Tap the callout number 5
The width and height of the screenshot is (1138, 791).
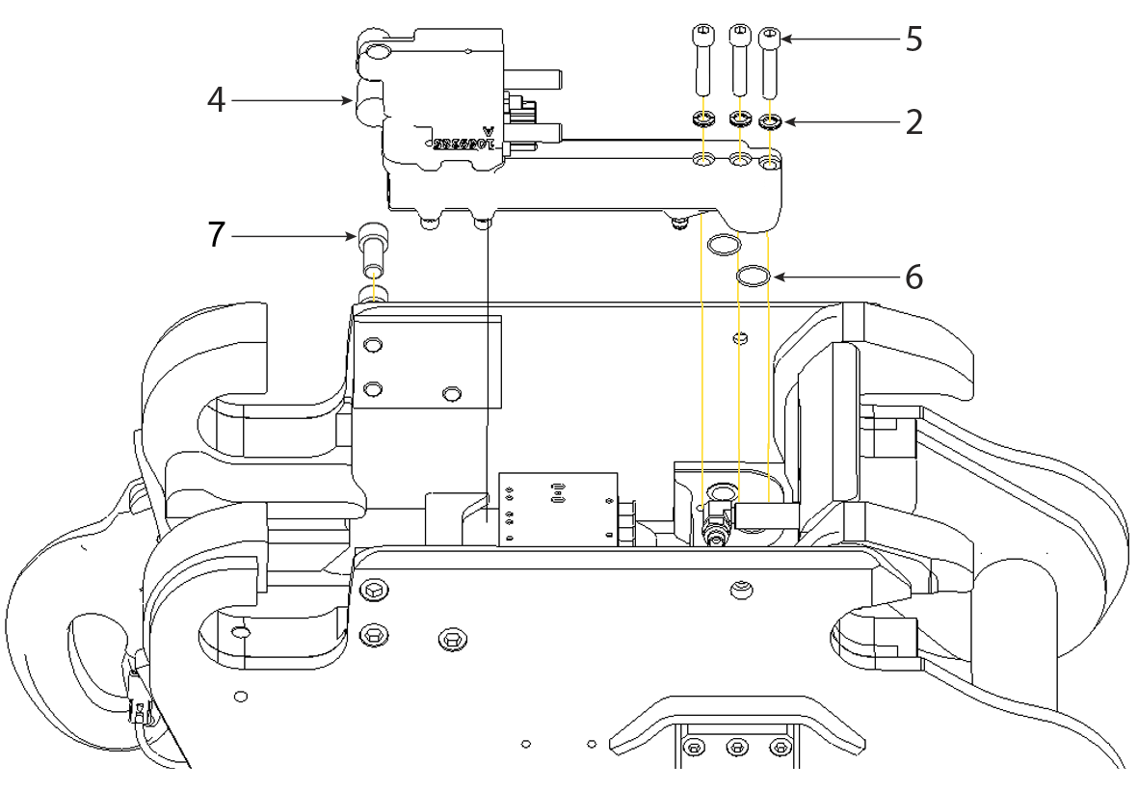pos(912,40)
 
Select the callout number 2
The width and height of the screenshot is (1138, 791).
pos(912,122)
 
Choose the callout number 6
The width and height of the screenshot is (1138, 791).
pos(912,278)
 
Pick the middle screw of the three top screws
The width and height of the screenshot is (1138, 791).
pos(738,38)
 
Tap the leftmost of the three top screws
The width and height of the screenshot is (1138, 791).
pos(703,38)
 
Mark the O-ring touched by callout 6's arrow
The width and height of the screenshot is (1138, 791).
pos(754,277)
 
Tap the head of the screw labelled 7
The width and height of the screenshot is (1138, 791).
pos(372,236)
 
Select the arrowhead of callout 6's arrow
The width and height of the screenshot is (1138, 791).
pos(774,278)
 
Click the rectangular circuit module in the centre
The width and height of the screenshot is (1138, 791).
pos(557,509)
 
